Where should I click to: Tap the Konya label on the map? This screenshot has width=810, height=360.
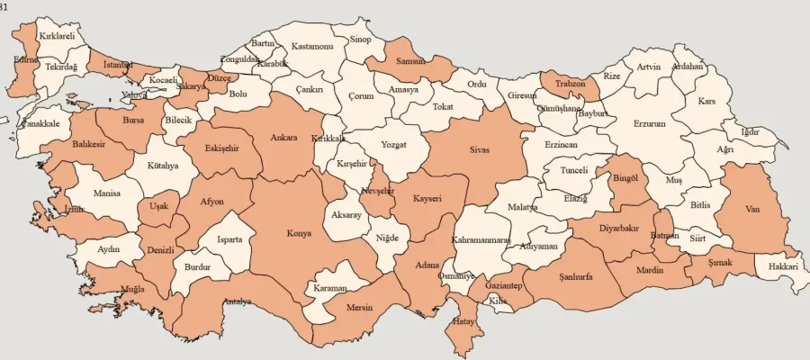tap(299, 233)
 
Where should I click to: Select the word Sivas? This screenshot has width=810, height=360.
tap(479, 150)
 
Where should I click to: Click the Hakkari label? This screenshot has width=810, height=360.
tap(783, 266)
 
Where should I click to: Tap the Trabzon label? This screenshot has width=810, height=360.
tap(570, 84)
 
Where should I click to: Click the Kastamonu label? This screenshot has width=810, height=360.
tap(312, 46)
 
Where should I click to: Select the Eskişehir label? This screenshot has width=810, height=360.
tap(220, 148)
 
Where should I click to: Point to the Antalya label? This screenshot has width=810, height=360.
tap(237, 301)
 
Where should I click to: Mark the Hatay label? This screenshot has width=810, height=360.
tap(463, 321)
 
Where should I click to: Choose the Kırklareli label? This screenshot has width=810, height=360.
tap(58, 36)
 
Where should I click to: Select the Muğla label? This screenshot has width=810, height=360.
tap(132, 289)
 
